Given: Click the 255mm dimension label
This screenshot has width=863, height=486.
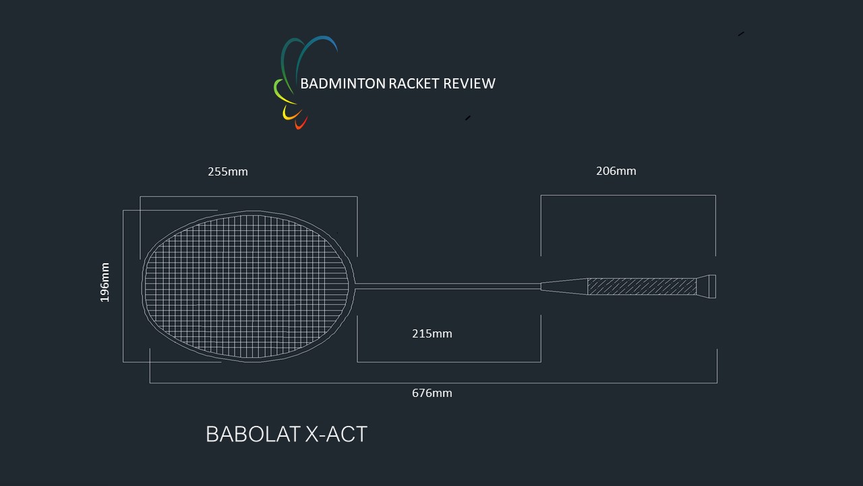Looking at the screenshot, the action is coord(228,171).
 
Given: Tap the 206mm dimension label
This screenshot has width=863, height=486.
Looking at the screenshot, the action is coord(616,171).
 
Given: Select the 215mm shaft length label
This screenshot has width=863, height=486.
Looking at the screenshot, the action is coord(432,333).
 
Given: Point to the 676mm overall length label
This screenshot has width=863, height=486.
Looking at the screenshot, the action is coord(432,393).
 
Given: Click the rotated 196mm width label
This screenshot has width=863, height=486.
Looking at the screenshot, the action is coord(105,282).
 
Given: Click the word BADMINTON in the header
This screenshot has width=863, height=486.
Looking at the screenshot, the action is coord(343,84).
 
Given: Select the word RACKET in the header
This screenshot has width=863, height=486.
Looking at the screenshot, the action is coord(414,84).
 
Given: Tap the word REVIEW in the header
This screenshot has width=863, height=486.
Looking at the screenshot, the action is coord(469,84).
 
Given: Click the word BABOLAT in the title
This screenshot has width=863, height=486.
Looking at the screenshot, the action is coord(253,434).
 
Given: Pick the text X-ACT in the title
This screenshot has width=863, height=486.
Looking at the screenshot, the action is coord(336,434).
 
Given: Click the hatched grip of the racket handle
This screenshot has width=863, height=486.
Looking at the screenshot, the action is coord(642,287).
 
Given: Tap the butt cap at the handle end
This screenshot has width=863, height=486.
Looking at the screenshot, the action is coord(707,287).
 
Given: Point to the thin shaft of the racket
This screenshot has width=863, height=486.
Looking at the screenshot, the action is coord(448,286).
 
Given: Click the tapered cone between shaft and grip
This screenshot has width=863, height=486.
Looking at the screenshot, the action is coord(564,287).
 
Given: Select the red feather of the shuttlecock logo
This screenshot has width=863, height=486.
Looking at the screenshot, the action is coord(301,123).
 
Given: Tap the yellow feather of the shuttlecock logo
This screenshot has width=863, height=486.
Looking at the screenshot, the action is coord(291,113).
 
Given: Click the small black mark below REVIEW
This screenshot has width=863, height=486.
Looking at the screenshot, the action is coord(468,118).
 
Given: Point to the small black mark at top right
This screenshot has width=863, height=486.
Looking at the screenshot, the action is coord(741,34).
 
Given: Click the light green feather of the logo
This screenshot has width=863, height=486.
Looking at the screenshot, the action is coord(284,92).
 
